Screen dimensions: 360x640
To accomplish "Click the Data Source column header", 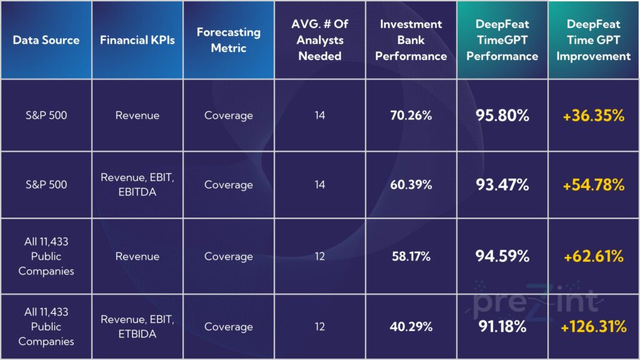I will [46, 40].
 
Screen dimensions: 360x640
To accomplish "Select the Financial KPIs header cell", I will [137, 40].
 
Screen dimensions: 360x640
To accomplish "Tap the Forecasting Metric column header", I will [228, 40].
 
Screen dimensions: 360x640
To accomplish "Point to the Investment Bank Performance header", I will [411, 40].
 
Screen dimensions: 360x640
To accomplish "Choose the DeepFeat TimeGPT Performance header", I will [502, 40].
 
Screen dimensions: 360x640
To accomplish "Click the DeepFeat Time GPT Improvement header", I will [594, 40].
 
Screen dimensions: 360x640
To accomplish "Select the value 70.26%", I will [411, 116].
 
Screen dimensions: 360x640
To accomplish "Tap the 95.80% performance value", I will [502, 116].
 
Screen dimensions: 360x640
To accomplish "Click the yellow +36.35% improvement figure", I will [594, 116].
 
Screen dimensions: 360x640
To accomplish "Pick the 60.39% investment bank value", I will [411, 185].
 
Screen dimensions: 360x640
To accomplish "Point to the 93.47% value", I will [502, 185].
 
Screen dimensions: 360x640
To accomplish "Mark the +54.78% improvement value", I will [594, 185].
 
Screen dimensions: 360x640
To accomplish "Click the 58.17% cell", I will [411, 256].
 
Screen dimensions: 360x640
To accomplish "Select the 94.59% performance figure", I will [502, 256].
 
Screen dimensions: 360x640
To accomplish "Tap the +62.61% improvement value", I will [594, 256].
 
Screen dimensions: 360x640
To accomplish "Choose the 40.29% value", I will [411, 327].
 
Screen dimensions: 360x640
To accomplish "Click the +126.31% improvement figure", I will [594, 327].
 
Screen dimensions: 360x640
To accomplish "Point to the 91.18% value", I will [502, 327].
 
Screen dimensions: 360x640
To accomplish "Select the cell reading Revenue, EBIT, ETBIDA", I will [137, 327].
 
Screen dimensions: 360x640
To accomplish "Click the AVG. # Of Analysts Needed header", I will [320, 40].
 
